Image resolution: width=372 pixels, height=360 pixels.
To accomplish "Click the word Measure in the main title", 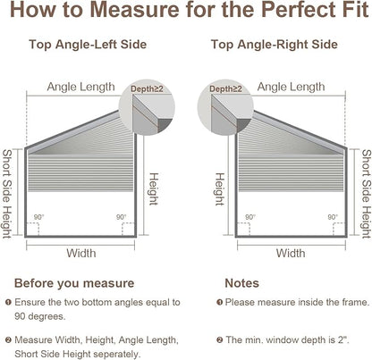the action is (135, 10).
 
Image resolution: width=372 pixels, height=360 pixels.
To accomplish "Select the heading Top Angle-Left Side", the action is (88, 45).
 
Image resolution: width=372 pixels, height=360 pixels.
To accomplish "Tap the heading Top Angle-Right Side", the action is (275, 45).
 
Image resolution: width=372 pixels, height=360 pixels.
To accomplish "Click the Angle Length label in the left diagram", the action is (80, 87).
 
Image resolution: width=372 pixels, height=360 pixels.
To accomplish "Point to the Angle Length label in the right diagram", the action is (291, 87).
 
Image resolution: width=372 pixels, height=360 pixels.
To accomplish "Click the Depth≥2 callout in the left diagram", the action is (147, 88).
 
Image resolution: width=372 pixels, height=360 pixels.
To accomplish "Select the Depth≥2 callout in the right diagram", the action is (225, 88).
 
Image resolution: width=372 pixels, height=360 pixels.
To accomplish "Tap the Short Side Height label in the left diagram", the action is (7, 194).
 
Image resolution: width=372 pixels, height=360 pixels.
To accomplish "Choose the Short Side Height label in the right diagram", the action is (367, 194).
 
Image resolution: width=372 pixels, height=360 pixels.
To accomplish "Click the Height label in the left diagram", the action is (153, 189).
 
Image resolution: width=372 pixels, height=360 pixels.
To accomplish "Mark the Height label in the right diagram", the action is (220, 189).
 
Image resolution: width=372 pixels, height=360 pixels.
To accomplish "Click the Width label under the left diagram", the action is (81, 253).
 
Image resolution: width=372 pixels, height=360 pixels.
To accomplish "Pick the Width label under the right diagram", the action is (291, 253).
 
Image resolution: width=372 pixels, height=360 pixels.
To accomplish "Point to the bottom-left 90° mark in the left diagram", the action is (38, 217).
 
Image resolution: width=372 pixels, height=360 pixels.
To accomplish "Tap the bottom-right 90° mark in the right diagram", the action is (333, 217).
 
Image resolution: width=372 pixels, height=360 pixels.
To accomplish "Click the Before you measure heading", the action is (74, 283).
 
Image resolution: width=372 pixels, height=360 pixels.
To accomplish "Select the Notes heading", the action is (241, 283).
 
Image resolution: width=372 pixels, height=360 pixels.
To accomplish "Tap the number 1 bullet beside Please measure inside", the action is (220, 303).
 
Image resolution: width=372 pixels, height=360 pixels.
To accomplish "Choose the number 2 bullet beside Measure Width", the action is (8, 339).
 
